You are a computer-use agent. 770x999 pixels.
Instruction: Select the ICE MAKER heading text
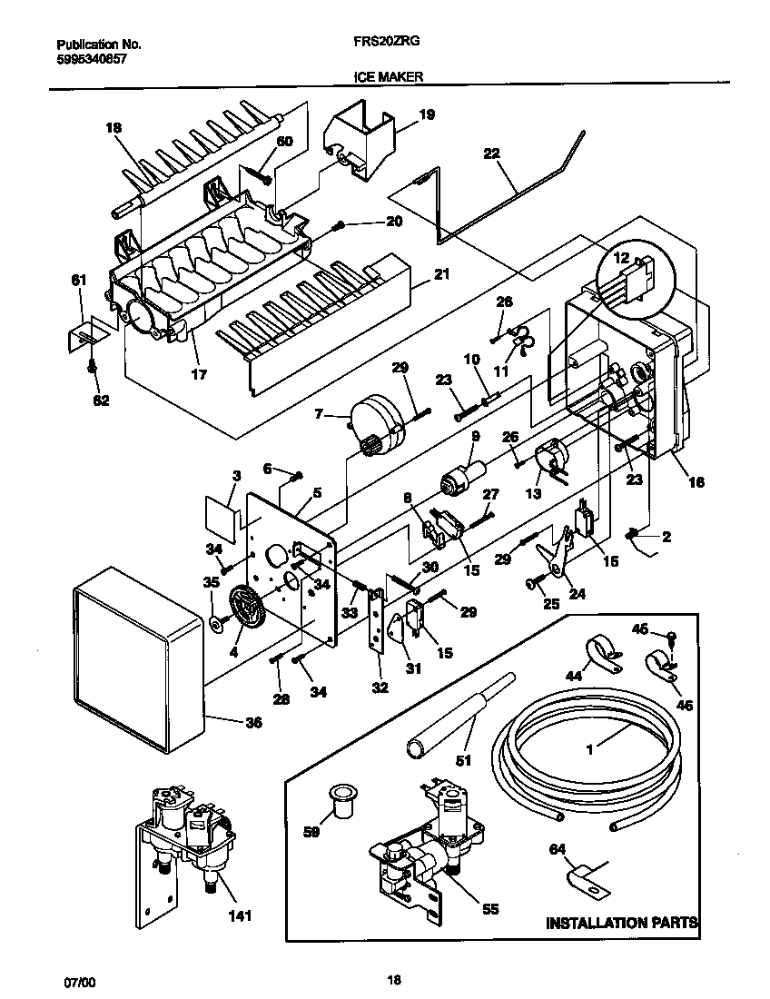390,78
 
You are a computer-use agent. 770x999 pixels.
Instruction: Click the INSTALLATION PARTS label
621,923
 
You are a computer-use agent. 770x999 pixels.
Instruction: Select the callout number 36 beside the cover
253,723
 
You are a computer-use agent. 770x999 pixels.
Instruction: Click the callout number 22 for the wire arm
492,155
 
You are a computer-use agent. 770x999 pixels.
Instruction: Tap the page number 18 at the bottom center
393,979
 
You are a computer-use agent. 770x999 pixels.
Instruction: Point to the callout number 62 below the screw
100,401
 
